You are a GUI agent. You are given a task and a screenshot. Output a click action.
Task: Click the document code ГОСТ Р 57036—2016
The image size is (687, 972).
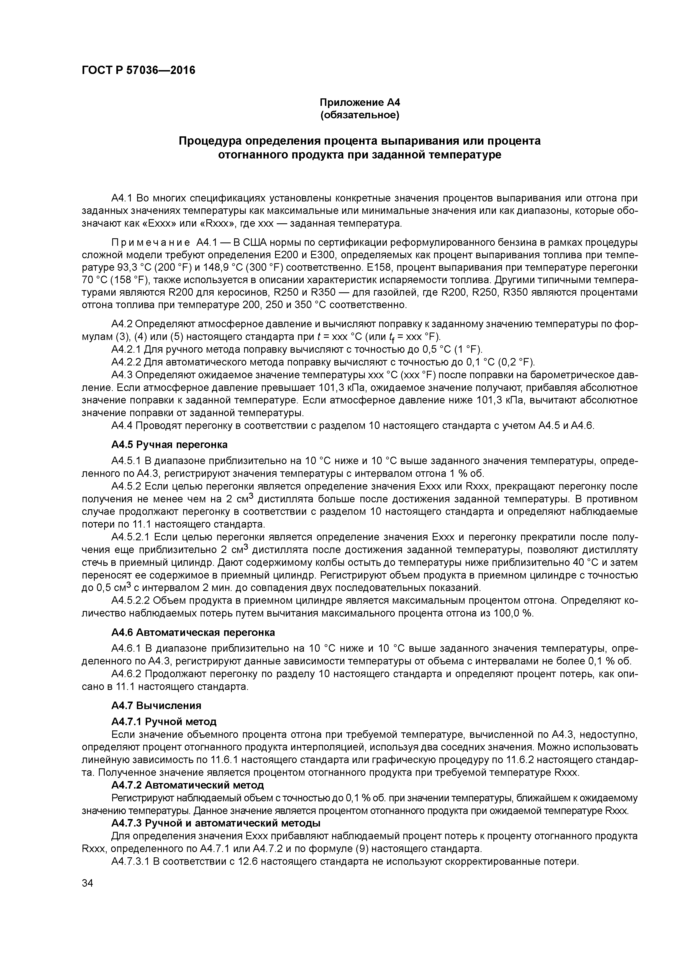pyautogui.click(x=139, y=70)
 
